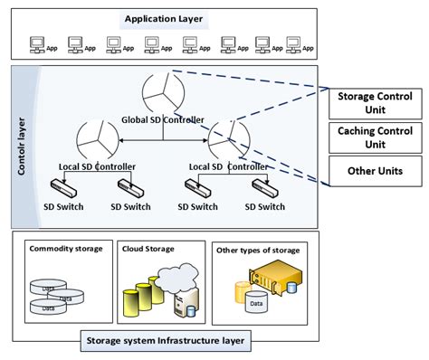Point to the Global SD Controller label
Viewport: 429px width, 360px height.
click(163, 119)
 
